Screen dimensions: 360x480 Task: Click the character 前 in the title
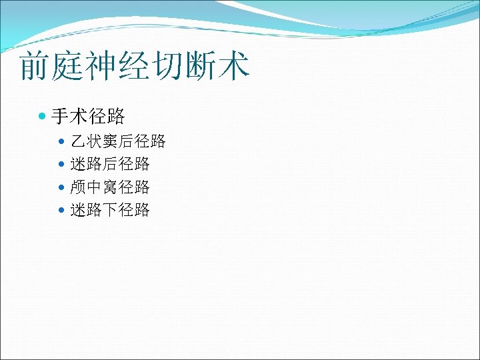(x=35, y=67)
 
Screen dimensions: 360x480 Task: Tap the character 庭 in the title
(x=69, y=67)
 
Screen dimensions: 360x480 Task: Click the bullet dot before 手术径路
(x=43, y=117)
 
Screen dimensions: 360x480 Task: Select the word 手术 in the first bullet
(x=69, y=117)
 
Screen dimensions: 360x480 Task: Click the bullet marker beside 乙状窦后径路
(x=62, y=142)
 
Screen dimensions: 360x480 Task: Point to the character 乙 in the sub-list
(x=78, y=141)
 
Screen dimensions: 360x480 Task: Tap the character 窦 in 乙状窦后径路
(x=110, y=141)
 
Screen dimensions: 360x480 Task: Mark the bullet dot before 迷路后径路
(x=62, y=165)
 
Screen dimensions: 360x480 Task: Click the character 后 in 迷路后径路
(x=110, y=164)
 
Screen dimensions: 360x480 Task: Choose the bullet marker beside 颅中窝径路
(x=62, y=187)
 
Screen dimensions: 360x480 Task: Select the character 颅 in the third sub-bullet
(x=78, y=187)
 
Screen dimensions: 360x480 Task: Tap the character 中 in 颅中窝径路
(x=94, y=187)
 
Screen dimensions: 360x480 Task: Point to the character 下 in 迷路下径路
(x=110, y=210)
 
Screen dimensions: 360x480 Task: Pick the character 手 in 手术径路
(x=60, y=117)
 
